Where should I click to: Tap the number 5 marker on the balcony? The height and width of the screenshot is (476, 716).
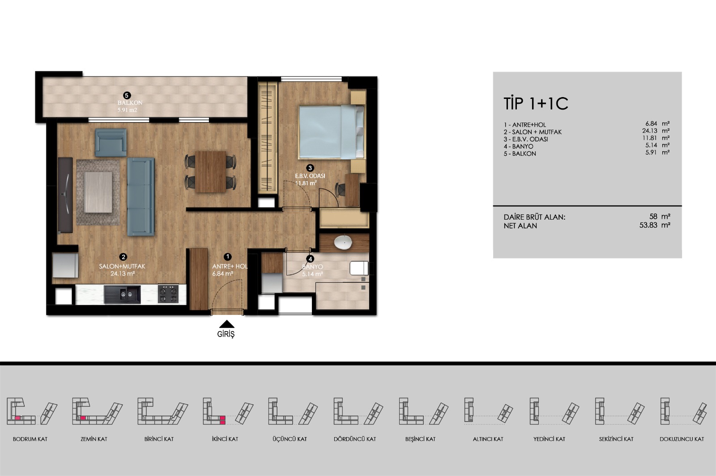pyautogui.click(x=127, y=95)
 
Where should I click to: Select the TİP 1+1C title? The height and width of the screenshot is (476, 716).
pyautogui.click(x=536, y=103)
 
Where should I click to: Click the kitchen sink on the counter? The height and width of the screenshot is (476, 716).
pyautogui.click(x=122, y=294)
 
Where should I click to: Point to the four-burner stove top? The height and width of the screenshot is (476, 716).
pyautogui.click(x=168, y=294)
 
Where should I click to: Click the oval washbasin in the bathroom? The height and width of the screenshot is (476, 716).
pyautogui.click(x=343, y=242)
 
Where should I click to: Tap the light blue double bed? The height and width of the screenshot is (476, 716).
pyautogui.click(x=331, y=132)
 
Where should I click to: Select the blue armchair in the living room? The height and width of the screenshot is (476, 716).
pyautogui.click(x=111, y=142)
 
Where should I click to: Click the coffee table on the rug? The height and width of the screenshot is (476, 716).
pyautogui.click(x=98, y=192)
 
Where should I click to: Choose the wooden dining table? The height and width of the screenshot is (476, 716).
pyautogui.click(x=211, y=171)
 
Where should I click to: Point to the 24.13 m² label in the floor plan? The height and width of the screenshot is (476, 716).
pyautogui.click(x=123, y=273)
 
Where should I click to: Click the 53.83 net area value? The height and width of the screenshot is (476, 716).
pyautogui.click(x=648, y=225)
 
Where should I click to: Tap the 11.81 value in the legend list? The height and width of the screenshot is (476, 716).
pyautogui.click(x=650, y=138)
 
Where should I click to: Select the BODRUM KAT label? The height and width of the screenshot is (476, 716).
pyautogui.click(x=30, y=439)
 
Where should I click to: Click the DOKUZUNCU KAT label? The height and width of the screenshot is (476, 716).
pyautogui.click(x=682, y=439)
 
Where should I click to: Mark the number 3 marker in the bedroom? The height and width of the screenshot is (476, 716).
pyautogui.click(x=310, y=168)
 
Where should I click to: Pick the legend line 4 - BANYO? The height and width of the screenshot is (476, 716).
pyautogui.click(x=519, y=146)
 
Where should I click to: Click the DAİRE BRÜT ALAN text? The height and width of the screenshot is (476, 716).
pyautogui.click(x=534, y=217)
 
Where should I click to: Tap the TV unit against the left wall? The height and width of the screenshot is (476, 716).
pyautogui.click(x=65, y=195)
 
